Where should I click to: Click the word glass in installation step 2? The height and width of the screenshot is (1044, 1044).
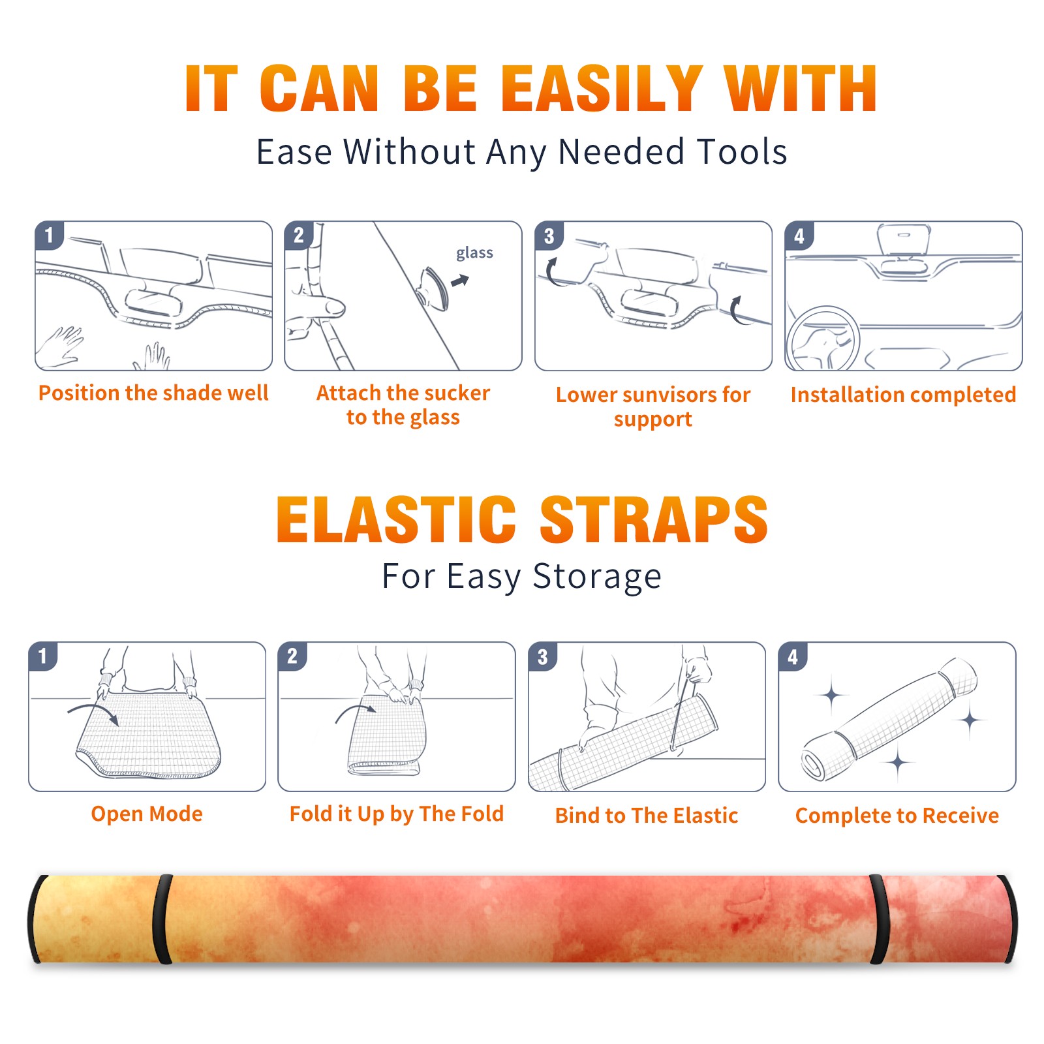pos(474,253)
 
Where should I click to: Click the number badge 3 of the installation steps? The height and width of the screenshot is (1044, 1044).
pos(549,236)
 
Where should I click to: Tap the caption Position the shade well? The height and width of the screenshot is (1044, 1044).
pos(153,393)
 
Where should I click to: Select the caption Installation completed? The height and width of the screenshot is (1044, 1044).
pos(903,395)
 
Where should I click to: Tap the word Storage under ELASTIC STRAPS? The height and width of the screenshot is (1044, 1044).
pos(597,577)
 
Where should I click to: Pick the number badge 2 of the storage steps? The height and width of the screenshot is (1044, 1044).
pos(292,656)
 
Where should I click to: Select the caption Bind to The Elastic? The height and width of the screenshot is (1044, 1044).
pos(647,816)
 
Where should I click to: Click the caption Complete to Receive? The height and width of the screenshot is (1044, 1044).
pos(897,816)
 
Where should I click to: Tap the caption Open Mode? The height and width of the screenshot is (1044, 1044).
pos(147,814)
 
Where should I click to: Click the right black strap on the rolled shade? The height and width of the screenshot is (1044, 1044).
pos(879,919)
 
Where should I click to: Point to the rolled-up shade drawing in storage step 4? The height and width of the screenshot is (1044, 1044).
pos(890,718)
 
